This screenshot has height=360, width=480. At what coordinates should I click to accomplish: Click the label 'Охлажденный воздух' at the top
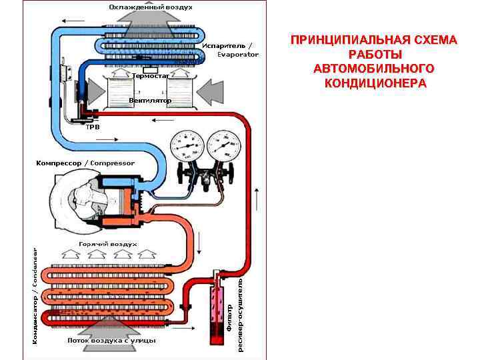tap(151, 7)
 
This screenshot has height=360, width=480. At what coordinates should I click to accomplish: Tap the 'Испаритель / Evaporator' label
tap(229, 50)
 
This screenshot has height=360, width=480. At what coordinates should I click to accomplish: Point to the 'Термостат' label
tap(151, 76)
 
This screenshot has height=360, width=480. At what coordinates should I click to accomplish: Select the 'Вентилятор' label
tap(150, 101)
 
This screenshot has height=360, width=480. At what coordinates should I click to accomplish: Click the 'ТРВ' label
tap(93, 126)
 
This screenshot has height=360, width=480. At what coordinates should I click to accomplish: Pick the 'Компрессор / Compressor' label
tap(85, 163)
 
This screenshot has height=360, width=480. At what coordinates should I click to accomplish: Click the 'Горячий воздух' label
tap(108, 245)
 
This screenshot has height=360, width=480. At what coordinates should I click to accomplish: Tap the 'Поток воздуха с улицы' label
tap(111, 341)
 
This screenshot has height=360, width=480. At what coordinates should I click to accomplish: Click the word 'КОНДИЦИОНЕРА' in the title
tap(374, 83)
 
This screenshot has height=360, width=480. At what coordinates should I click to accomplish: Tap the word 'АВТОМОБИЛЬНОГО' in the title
tap(374, 69)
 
